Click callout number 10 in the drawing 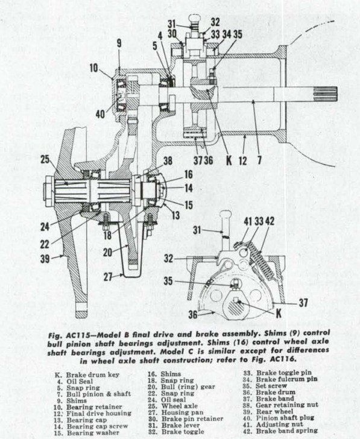point(95,68)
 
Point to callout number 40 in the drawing point(100,114)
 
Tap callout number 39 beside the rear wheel point(45,259)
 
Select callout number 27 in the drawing point(108,277)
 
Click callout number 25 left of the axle point(46,159)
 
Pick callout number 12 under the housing point(242,160)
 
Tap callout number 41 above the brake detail point(248,221)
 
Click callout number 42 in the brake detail point(270,221)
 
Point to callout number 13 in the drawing point(175,215)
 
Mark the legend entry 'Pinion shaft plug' point(285,418)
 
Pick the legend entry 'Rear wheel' point(274,411)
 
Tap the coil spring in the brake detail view point(262,260)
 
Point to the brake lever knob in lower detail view point(225,215)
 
